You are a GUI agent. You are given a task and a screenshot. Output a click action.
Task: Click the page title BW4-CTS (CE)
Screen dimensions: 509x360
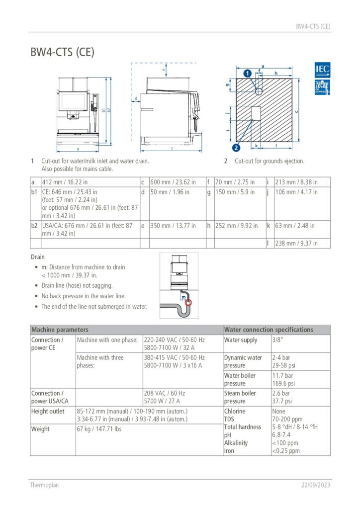[x=62, y=52]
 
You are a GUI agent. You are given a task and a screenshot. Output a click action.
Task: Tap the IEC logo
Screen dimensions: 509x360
[x=322, y=70]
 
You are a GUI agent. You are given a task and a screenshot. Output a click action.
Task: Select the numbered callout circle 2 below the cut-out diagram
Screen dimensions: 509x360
[x=236, y=147]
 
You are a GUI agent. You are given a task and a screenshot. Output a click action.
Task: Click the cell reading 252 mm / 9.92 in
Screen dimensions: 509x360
[x=236, y=226]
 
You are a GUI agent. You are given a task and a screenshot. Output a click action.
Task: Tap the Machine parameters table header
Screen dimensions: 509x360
[x=60, y=330]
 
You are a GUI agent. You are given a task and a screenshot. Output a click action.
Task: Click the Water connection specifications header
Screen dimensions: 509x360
[x=269, y=330]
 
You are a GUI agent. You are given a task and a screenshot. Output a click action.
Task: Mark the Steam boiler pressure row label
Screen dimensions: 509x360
[x=240, y=397]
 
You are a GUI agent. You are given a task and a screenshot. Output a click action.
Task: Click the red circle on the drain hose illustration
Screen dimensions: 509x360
[x=187, y=302]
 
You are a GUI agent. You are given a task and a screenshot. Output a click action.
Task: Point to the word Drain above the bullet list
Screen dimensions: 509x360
[x=38, y=257]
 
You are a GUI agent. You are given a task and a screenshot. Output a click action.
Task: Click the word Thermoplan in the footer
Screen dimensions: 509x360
[x=44, y=485]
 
